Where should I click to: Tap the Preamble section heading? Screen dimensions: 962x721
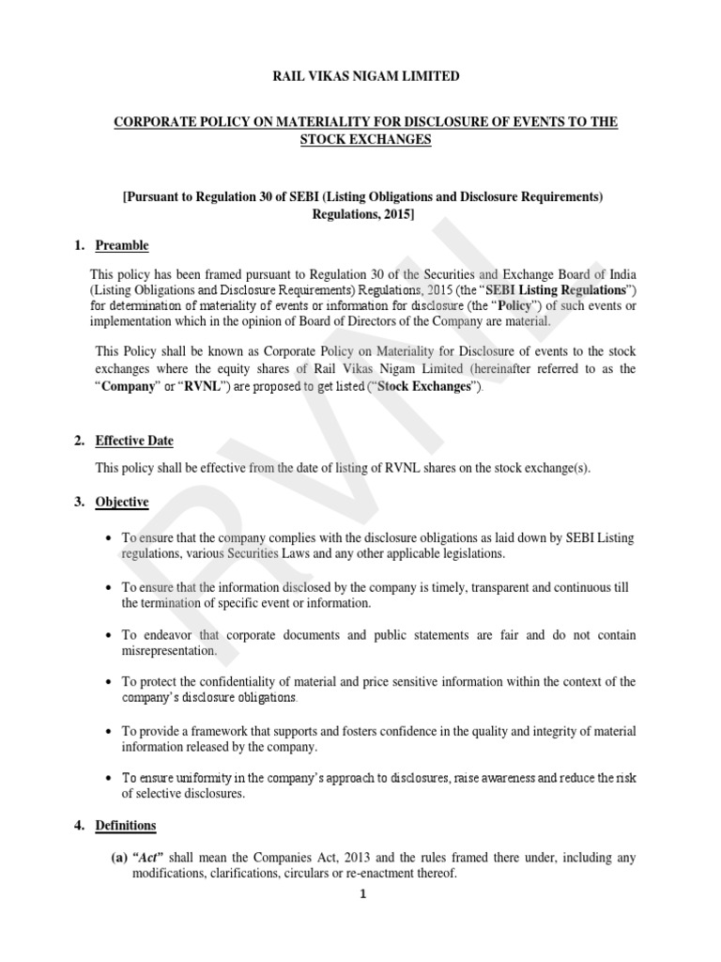122,245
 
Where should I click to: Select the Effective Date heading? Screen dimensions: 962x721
134,441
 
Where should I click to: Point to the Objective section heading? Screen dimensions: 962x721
122,502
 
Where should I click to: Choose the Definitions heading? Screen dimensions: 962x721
126,826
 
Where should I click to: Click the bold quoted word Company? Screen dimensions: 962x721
127,387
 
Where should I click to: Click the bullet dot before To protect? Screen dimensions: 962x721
111,681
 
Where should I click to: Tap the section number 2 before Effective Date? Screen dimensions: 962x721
79,441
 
